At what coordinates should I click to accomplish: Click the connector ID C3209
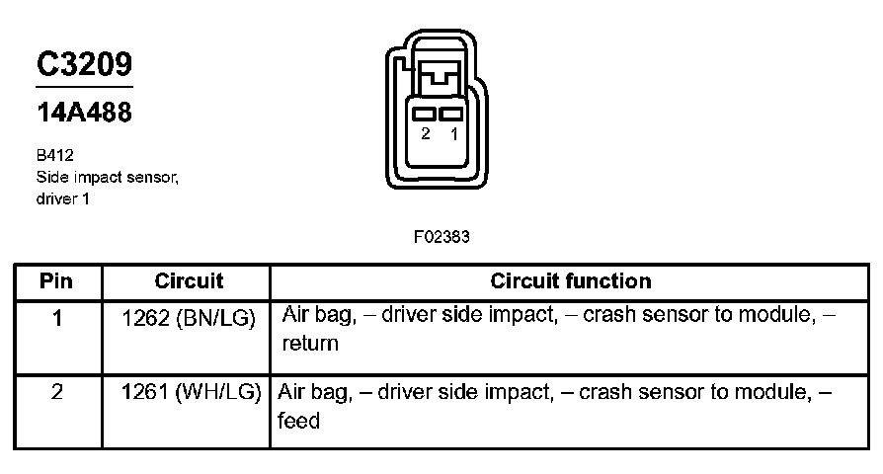coord(85,63)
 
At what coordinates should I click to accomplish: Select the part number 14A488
coord(85,112)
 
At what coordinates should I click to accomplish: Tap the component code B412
coord(54,155)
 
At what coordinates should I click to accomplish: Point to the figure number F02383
coord(441,236)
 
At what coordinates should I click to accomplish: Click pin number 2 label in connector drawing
coord(426,133)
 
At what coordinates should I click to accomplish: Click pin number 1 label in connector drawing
coord(454,133)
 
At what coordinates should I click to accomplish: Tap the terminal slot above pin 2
coord(424,114)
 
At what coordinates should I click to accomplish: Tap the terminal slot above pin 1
coord(450,114)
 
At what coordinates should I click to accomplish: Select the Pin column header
coord(56,280)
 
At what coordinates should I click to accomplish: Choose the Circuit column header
coord(189,280)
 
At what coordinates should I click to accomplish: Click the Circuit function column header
coord(571,280)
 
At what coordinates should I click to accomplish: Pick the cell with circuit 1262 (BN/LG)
coord(189,319)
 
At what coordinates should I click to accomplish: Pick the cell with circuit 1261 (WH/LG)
coord(192,392)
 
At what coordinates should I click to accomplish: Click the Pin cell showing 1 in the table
coord(57,319)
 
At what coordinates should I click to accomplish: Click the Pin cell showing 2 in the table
coord(57,392)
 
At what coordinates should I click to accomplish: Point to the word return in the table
coord(310,344)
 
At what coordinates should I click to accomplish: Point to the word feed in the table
coord(298,421)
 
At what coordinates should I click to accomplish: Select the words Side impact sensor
coord(107,178)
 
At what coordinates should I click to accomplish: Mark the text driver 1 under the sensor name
coord(62,198)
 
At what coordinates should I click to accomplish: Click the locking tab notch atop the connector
coord(440,75)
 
